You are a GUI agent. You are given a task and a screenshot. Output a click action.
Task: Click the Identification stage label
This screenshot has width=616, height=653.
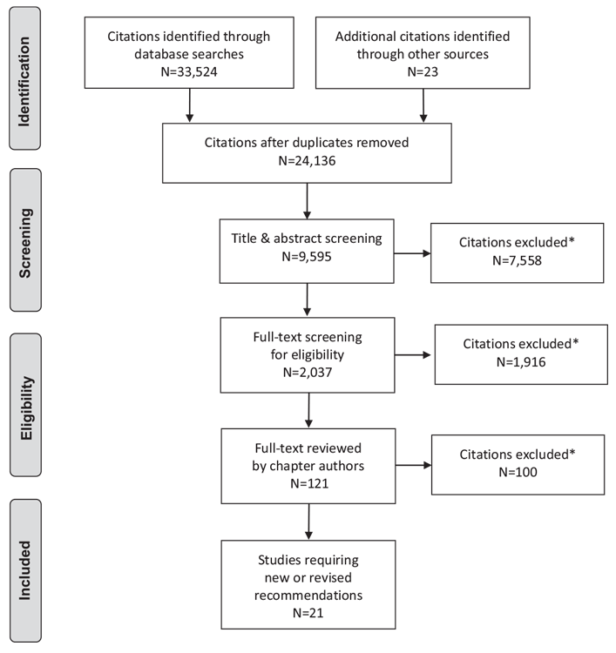[x=24, y=82]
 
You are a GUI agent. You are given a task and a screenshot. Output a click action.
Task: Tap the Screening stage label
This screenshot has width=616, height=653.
[x=25, y=243]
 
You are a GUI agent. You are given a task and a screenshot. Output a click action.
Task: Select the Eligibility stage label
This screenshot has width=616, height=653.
[x=26, y=408]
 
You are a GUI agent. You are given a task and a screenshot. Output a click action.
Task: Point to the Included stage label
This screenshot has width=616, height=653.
[x=25, y=570]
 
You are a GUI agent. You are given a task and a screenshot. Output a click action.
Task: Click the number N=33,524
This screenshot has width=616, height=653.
[x=189, y=71]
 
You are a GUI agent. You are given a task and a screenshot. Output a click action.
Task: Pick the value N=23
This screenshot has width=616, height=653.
[x=423, y=71]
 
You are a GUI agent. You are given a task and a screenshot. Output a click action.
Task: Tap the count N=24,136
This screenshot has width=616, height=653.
[x=307, y=161]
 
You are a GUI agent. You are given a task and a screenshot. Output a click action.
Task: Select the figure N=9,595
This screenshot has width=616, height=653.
[x=307, y=257]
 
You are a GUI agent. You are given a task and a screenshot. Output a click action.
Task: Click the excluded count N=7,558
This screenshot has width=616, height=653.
[x=517, y=260]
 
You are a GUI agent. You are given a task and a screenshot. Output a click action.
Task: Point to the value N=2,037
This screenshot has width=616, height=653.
[x=308, y=373]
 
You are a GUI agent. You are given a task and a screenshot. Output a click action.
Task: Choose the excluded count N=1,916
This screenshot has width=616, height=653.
[x=521, y=362]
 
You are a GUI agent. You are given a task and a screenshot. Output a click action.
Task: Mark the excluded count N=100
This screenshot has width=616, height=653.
[x=518, y=472]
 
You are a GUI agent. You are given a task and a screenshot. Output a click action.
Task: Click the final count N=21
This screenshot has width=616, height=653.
[x=308, y=613]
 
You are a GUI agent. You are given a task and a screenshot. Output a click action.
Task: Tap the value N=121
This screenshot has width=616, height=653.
[x=309, y=483]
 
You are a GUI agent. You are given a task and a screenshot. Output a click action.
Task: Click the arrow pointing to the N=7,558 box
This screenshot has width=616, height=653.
[x=412, y=253]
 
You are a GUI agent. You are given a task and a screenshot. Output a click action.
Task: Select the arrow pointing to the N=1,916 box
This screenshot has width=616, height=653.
[x=413, y=355]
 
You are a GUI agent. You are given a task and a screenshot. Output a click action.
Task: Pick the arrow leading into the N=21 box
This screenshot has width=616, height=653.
[x=308, y=522]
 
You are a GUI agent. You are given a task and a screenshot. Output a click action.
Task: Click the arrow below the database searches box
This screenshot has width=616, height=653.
[x=190, y=105]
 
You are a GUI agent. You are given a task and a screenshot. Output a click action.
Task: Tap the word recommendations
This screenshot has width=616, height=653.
[x=308, y=596]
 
